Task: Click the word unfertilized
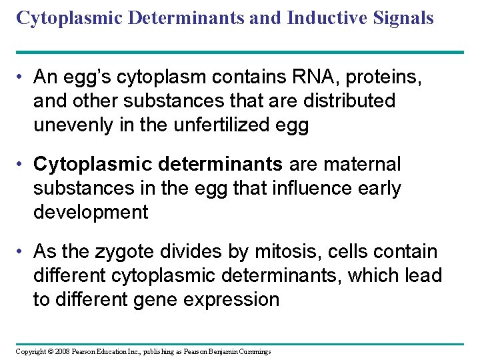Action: [x=221, y=125]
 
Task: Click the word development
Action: [x=90, y=212]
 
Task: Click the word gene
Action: [x=181, y=299]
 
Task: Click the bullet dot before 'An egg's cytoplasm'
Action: [x=22, y=77]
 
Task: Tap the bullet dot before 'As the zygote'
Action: [x=22, y=251]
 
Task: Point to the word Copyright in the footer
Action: [x=31, y=351]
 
